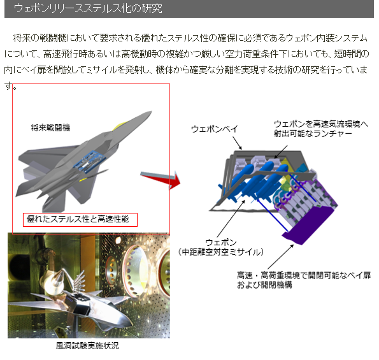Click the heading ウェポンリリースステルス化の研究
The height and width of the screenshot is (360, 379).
click(x=88, y=8)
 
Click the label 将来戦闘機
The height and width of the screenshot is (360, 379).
click(x=50, y=127)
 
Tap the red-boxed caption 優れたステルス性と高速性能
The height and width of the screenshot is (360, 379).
click(x=78, y=219)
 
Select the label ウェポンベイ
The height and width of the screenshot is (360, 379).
click(x=215, y=129)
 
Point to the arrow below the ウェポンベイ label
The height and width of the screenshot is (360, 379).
click(x=237, y=143)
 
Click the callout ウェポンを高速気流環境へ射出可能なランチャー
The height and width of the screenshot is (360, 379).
click(x=321, y=129)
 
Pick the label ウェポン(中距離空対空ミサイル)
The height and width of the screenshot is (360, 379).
click(x=220, y=247)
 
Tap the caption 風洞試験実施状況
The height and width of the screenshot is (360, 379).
click(x=87, y=346)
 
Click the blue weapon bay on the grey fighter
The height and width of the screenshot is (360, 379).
click(x=89, y=161)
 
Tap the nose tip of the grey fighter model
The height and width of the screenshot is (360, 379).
click(x=151, y=112)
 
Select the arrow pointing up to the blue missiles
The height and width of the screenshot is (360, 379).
click(x=231, y=219)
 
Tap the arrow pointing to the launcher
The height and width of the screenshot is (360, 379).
click(x=281, y=152)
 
